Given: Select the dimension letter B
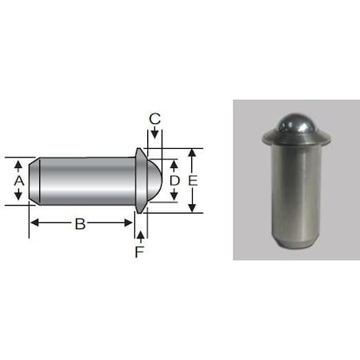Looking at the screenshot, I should (80, 225).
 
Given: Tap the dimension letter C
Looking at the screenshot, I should (155, 119).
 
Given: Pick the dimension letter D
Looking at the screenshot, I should (174, 182).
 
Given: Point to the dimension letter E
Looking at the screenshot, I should (193, 182).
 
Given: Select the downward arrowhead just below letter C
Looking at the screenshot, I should (155, 133).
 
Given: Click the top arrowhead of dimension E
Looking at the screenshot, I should (192, 153).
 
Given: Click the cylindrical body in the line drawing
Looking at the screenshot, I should (84, 182).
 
